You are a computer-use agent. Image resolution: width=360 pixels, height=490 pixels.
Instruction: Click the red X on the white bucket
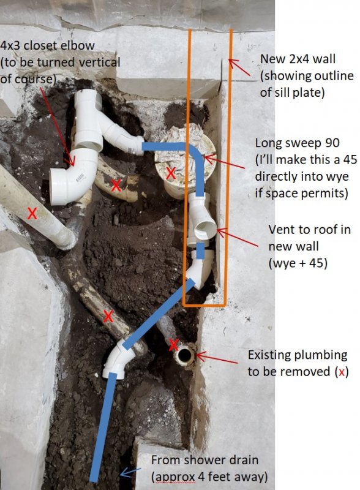(x=171, y=173)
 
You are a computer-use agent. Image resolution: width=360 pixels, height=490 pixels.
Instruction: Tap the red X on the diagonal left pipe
(x=32, y=214)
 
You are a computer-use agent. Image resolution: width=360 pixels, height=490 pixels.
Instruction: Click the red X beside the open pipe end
(x=174, y=344)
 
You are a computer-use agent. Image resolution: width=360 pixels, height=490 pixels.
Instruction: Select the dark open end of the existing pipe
(x=185, y=355)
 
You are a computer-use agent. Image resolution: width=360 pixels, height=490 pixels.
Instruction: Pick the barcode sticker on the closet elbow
(x=80, y=178)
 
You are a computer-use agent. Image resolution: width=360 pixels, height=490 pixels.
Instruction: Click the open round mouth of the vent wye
(x=205, y=229)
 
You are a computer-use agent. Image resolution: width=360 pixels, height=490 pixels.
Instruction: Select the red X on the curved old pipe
(x=116, y=186)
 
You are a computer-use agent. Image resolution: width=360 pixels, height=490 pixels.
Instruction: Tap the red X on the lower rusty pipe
(x=108, y=316)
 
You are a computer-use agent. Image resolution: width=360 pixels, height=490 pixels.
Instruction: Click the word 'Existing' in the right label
(x=269, y=355)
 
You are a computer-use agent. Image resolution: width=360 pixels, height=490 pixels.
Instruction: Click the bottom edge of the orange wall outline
(x=204, y=304)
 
